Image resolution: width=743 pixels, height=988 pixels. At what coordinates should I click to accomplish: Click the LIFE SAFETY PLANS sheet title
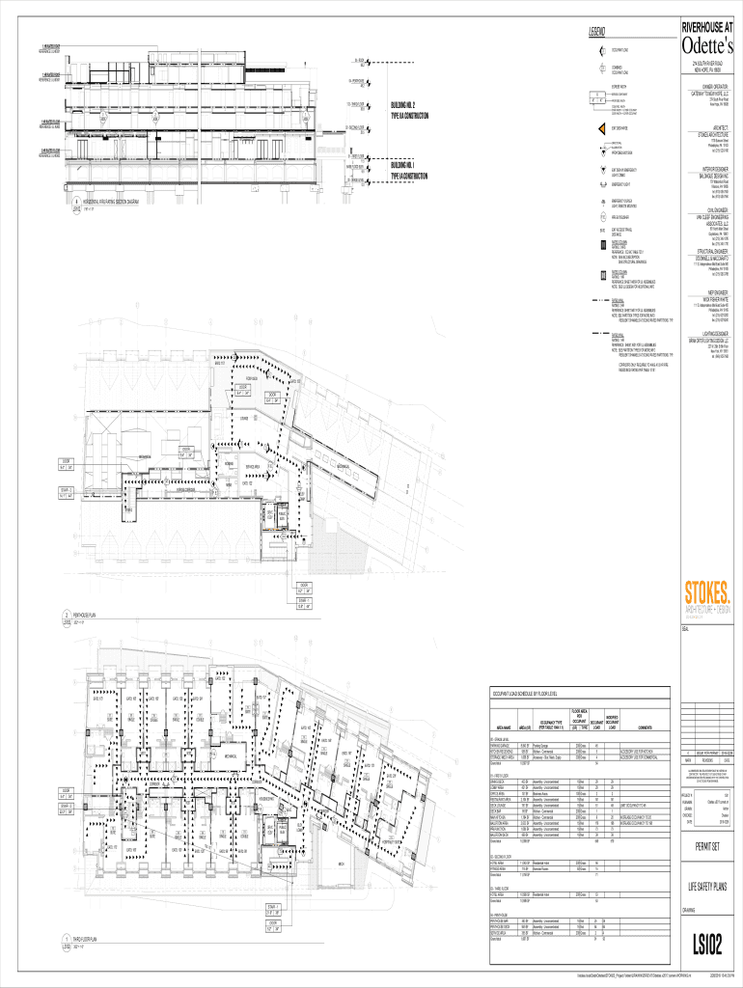point(706,887)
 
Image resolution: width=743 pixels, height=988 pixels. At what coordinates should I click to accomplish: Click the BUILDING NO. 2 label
point(403,104)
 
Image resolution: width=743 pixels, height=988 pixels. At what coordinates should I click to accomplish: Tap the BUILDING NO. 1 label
point(403,166)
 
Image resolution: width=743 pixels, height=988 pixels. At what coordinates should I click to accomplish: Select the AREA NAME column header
point(502,727)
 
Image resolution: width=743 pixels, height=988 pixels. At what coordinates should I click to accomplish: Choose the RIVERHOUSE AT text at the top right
point(706,27)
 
